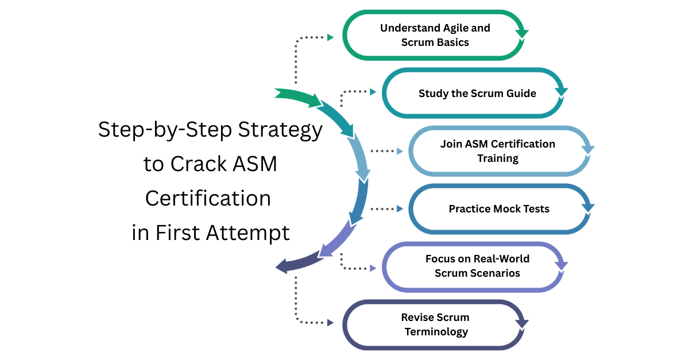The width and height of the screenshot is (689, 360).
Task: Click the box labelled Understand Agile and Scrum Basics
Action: pyautogui.click(x=435, y=35)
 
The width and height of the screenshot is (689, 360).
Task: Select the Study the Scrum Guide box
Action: pyautogui.click(x=477, y=93)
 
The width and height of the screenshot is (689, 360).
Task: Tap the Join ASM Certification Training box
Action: pyautogui.click(x=497, y=150)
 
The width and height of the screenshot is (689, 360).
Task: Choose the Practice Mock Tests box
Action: pyautogui.click(x=498, y=208)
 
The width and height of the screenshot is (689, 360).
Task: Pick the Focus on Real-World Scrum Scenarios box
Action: pyautogui.click(x=477, y=266)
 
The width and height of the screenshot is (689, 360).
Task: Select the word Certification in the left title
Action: pyautogui.click(x=208, y=199)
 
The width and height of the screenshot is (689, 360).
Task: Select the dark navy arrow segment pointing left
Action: pyautogui.click(x=296, y=264)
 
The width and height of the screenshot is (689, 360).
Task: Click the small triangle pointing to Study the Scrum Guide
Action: pyautogui.click(x=373, y=92)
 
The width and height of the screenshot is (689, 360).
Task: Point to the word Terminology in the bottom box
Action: pyautogui.click(x=436, y=332)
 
